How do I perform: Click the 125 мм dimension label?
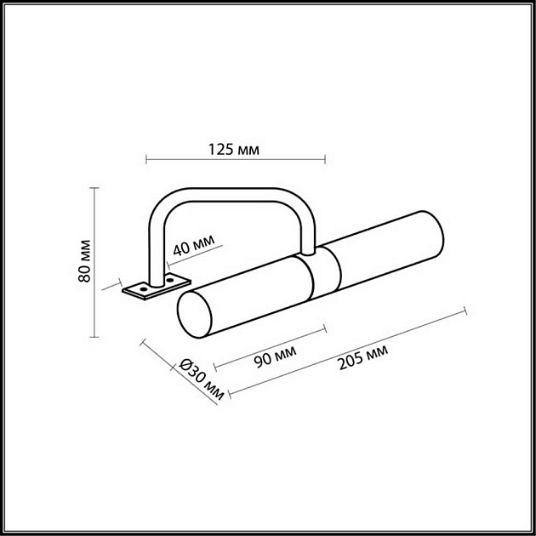tap(233, 150)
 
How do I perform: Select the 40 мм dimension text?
tap(193, 248)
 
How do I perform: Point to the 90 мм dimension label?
tap(276, 352)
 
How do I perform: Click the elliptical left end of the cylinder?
tap(193, 315)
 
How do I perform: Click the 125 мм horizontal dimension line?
tap(235, 159)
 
